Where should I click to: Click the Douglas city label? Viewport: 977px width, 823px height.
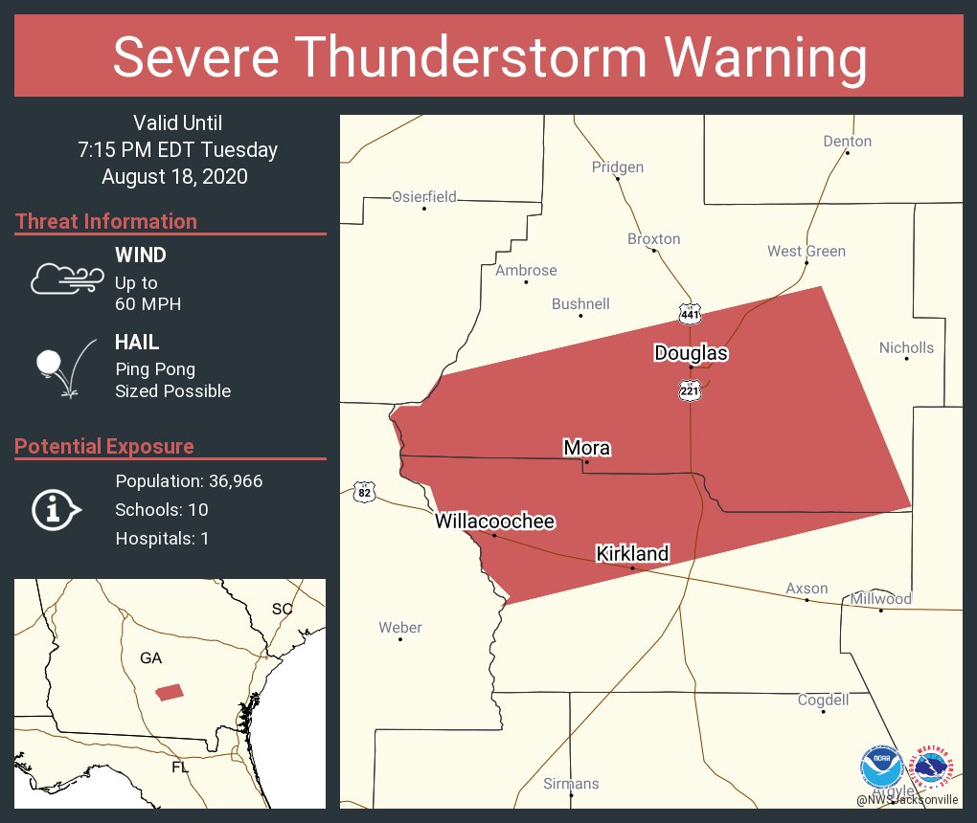click(691, 353)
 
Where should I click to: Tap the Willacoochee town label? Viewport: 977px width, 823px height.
click(494, 522)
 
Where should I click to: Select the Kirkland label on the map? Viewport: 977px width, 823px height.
click(632, 554)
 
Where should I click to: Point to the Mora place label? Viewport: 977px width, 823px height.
click(586, 448)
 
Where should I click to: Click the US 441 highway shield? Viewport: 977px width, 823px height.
click(690, 314)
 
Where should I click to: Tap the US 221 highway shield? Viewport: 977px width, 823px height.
click(690, 390)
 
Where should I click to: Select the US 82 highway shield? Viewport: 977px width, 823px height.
click(364, 493)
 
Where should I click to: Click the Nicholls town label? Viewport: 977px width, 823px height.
click(906, 348)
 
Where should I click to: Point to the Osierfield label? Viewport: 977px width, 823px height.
click(424, 197)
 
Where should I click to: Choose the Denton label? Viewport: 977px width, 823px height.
click(847, 142)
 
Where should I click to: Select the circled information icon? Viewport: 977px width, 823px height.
click(57, 509)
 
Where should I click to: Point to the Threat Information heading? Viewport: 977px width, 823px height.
click(105, 222)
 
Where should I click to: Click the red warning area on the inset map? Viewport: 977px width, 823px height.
click(170, 692)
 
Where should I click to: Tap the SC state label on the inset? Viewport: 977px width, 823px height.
click(282, 609)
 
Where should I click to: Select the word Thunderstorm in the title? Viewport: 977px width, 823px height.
click(489, 58)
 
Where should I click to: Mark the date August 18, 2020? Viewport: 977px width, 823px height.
click(174, 177)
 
